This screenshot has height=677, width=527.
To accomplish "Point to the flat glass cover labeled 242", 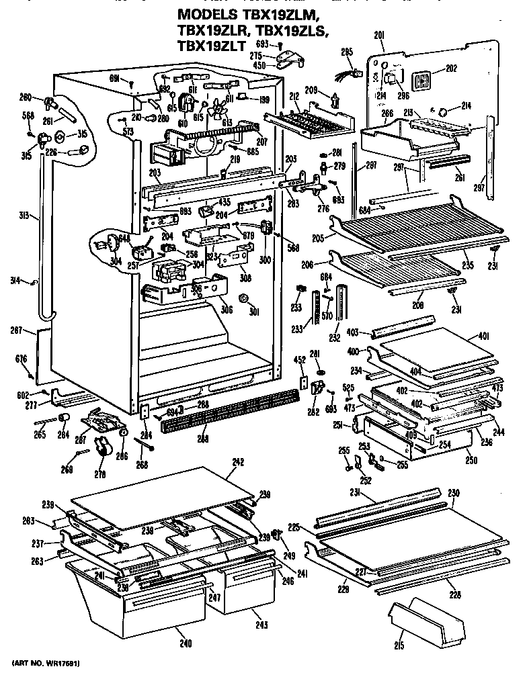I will [x=161, y=498].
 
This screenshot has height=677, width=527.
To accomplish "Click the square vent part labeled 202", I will [x=421, y=80].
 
